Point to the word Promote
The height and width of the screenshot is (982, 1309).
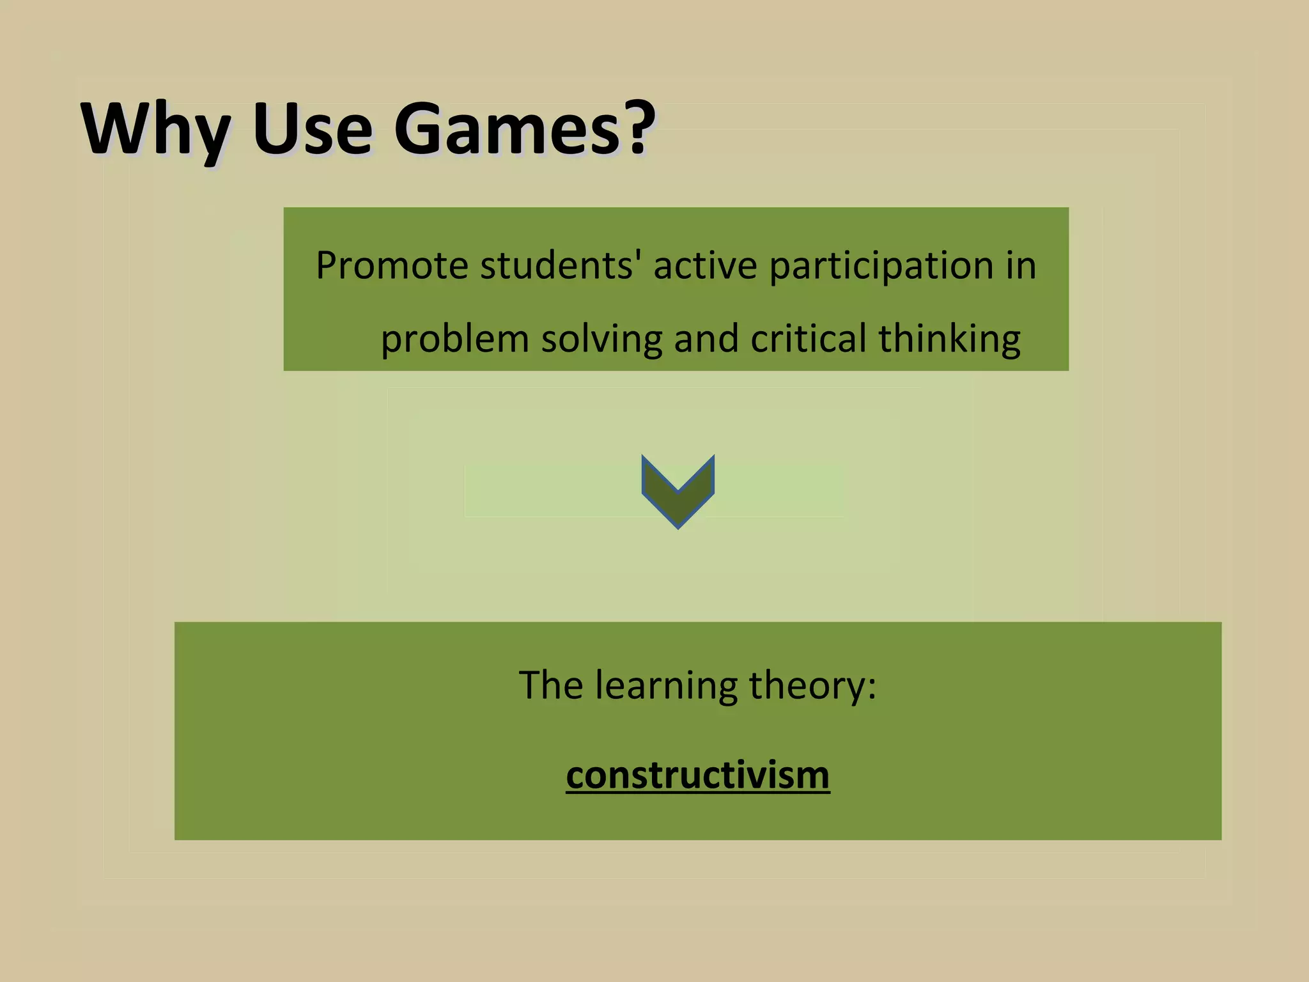tap(392, 265)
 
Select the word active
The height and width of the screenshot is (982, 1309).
tap(705, 265)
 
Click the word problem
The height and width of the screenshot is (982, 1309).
tap(454, 339)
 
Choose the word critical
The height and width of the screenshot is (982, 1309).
tap(809, 338)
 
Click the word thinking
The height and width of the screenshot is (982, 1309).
tap(949, 339)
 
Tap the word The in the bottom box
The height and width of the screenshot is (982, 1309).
tap(550, 685)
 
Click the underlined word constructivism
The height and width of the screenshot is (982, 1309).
tap(698, 775)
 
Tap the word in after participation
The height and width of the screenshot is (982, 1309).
tap(1021, 265)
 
